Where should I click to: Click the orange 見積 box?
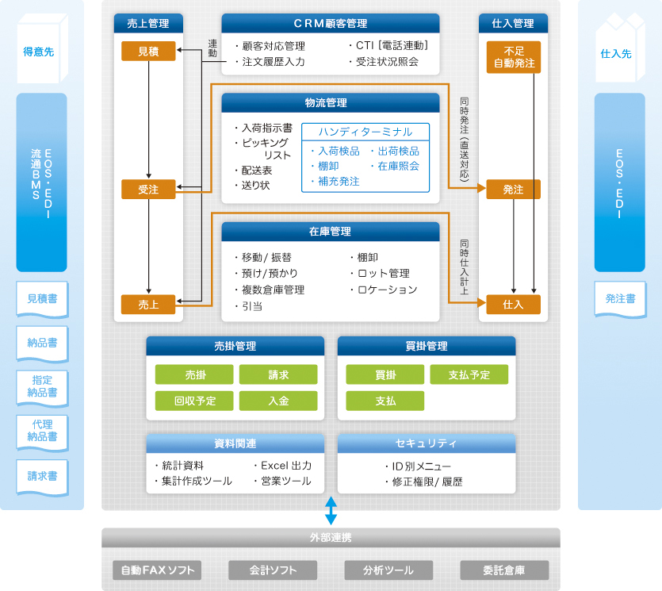148,52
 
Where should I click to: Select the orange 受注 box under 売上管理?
148,189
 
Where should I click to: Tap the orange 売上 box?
148,304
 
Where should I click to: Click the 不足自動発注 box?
514,57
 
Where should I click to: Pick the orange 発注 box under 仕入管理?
514,190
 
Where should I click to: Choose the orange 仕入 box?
514,304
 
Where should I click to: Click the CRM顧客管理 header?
330,24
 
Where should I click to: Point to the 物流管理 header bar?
330,103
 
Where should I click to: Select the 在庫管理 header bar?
330,232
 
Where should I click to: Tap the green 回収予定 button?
194,401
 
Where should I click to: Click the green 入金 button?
278,401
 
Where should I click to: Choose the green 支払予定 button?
469,374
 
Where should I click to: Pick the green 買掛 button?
385,374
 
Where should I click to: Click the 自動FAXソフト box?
157,570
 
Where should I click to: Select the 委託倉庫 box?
504,570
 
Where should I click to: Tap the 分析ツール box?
388,570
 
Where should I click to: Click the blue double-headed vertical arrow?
331,510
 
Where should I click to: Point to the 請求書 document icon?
42,477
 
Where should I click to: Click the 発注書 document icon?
620,299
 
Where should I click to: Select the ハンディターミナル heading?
365,132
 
